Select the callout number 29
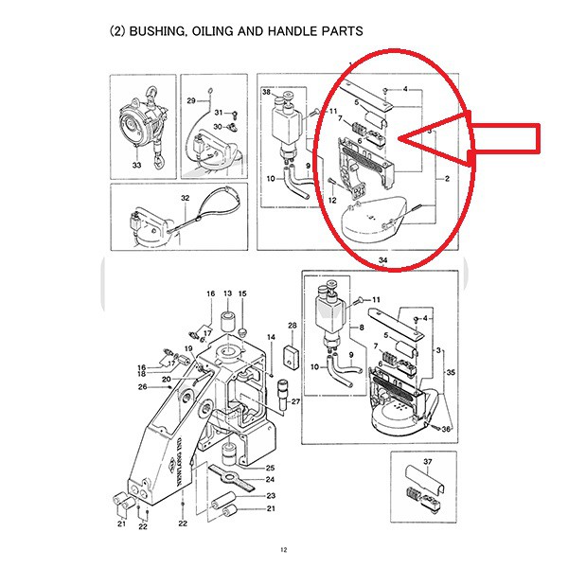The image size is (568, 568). coord(190,100)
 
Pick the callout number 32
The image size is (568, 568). coord(186,198)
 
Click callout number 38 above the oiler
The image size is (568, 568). coord(267,93)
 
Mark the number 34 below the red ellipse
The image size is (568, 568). coord(382,258)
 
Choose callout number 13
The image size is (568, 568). coord(227,295)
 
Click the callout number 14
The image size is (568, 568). coord(271,337)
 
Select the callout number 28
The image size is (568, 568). coord(292,327)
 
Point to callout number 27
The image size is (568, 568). coord(295,401)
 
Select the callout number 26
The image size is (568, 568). coord(142,386)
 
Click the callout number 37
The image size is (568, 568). coord(428,462)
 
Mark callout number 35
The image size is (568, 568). coord(451,373)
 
